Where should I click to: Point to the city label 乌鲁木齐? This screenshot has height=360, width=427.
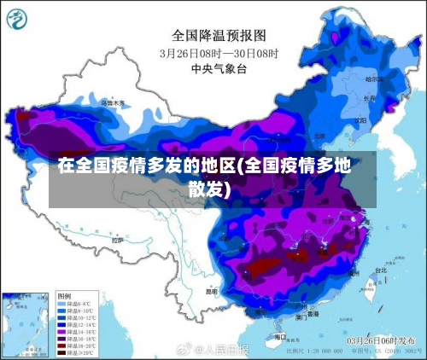(112, 103)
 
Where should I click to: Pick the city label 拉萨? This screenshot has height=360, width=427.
(117, 241)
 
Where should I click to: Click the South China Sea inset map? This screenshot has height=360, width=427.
(26, 323)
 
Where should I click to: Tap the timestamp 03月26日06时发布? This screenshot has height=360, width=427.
(379, 339)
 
